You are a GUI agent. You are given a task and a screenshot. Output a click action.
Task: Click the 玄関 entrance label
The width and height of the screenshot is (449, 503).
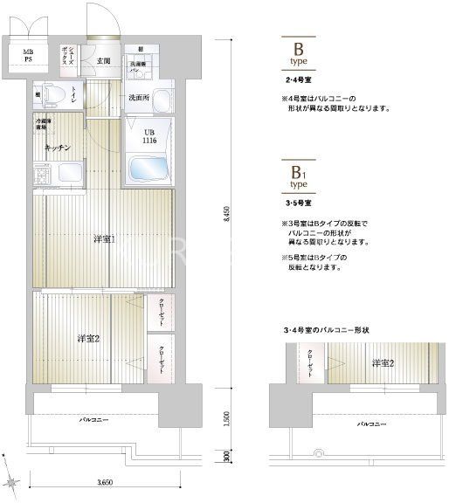[x=103, y=60]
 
